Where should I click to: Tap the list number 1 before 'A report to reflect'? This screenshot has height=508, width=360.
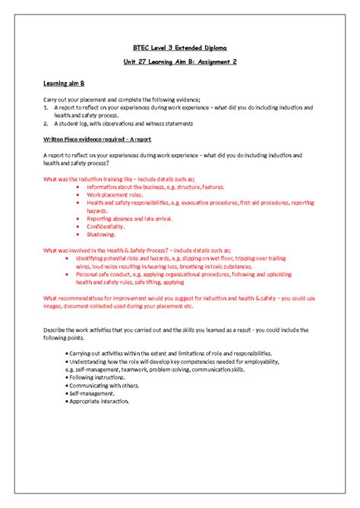(45, 108)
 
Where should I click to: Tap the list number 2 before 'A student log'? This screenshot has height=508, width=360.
(45, 123)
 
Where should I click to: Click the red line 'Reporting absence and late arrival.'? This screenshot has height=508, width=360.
(131, 218)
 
